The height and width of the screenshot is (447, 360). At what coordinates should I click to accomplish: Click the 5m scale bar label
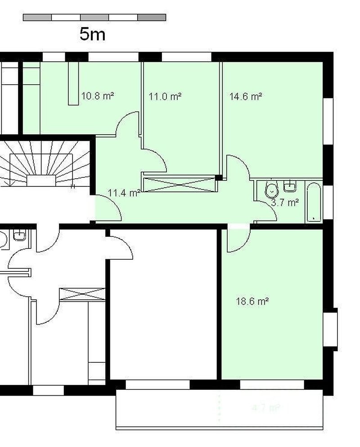(x=92, y=34)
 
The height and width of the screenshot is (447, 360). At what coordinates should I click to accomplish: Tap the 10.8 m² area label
(x=97, y=96)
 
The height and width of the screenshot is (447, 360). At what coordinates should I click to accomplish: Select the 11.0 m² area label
(x=165, y=96)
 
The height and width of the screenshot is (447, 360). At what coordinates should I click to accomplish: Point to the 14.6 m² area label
(x=246, y=96)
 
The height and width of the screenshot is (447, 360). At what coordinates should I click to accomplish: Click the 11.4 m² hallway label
(x=124, y=194)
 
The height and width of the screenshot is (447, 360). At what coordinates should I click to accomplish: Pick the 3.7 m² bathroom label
(x=285, y=203)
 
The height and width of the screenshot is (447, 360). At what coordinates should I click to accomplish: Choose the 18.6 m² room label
(x=252, y=302)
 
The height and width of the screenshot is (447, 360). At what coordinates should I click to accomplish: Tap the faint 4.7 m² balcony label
(x=265, y=408)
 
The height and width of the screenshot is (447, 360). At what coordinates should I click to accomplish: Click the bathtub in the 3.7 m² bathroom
(x=314, y=202)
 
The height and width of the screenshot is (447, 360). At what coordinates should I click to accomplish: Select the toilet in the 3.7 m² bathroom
(x=272, y=190)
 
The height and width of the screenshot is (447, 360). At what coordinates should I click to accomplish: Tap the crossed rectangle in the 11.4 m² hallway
(x=180, y=184)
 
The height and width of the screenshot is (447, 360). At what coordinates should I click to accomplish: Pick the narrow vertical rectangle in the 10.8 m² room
(x=73, y=83)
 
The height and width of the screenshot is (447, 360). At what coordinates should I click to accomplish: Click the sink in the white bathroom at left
(x=19, y=235)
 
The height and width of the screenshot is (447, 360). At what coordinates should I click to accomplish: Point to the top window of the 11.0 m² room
(x=186, y=57)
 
